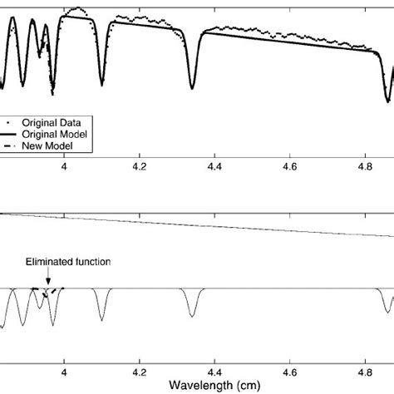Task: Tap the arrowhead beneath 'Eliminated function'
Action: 48,283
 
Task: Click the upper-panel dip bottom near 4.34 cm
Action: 193,87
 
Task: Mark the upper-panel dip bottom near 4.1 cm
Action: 102,84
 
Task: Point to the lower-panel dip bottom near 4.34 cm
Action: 193,316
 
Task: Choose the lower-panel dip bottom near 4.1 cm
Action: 102,319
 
